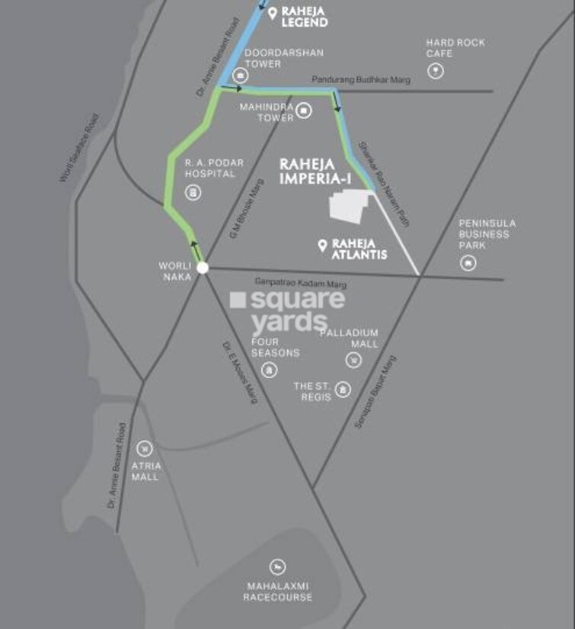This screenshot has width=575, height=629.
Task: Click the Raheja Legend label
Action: tap(305, 18)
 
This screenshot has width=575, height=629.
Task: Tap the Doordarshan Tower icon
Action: tap(241, 75)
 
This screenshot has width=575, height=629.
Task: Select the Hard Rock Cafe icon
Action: tap(435, 72)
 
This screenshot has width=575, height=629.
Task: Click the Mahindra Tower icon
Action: tap(304, 111)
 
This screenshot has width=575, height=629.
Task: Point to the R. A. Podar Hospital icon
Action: tap(193, 192)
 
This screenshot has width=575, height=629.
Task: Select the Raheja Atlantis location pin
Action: tap(322, 246)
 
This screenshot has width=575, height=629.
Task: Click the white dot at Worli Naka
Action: tap(202, 268)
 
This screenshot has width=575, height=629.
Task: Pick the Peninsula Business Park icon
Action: tap(468, 263)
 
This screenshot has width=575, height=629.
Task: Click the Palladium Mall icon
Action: tap(353, 359)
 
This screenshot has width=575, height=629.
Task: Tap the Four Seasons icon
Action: tap(268, 371)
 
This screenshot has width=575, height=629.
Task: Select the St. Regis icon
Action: tap(343, 390)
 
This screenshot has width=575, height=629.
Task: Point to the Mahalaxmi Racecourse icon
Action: tap(277, 567)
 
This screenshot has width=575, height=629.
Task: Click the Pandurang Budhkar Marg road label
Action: tap(361, 80)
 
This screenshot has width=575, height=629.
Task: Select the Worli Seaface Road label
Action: tap(79, 148)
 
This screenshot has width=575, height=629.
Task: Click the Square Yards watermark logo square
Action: tap(238, 300)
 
